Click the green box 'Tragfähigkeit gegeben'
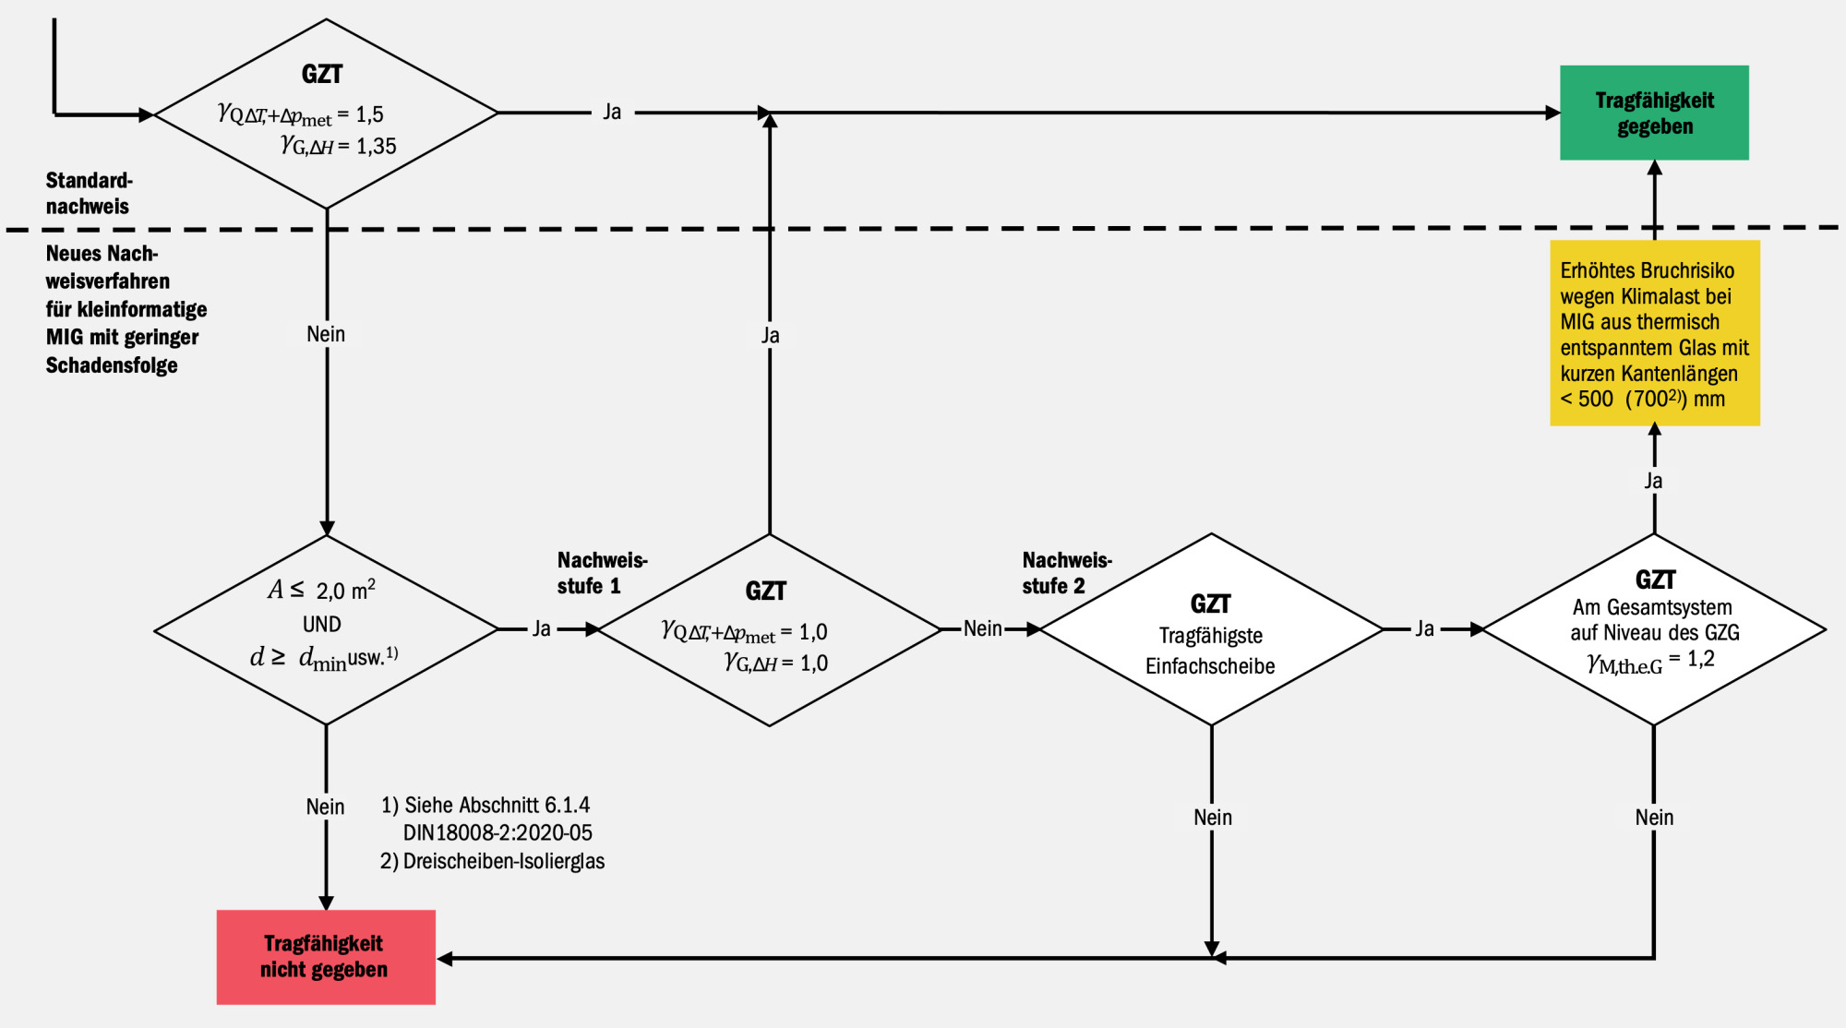point(1654,113)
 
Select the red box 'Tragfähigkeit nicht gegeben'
point(325,957)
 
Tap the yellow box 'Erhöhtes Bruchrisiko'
point(1654,333)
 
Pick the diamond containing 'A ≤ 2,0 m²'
point(325,630)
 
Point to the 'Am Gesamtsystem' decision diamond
point(1654,630)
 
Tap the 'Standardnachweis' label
point(89,193)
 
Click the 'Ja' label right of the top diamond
point(612,113)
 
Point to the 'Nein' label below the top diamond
point(326,334)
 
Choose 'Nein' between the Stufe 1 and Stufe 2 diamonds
point(982,629)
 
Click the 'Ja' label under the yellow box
point(1653,481)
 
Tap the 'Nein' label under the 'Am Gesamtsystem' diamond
point(1653,818)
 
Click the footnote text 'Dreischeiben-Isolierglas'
point(503,861)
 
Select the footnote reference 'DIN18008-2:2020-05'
point(497,833)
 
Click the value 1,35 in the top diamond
point(377,146)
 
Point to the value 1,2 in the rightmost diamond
point(1701,659)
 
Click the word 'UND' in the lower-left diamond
point(322,625)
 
